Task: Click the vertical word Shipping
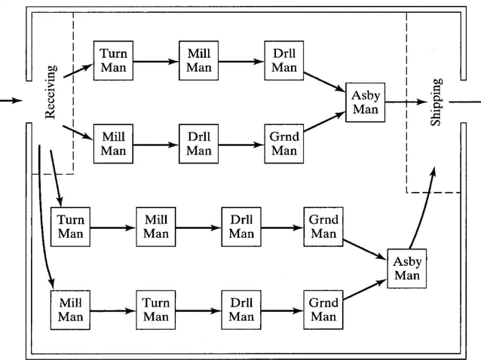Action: click(436, 102)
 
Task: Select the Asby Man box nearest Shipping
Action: click(365, 101)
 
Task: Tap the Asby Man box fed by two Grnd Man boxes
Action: click(407, 267)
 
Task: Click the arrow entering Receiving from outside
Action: click(11, 101)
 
